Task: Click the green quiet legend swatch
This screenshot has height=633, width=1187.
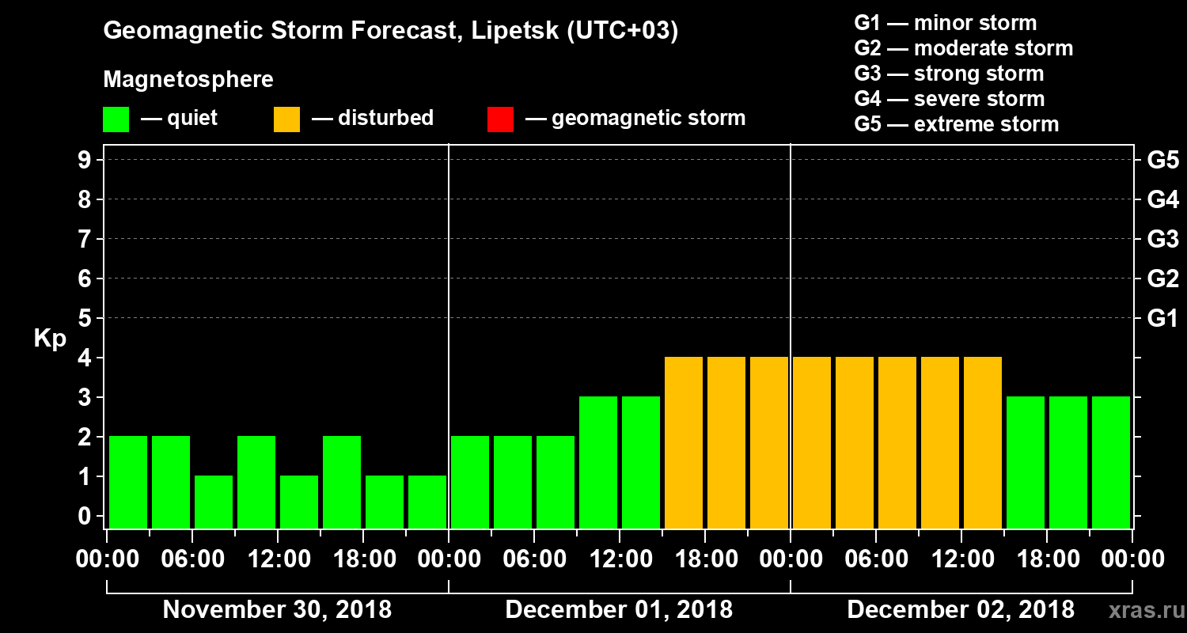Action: pos(116,119)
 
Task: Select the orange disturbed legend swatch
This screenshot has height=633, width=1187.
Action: pos(286,119)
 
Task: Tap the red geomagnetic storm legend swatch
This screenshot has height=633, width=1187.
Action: pos(500,119)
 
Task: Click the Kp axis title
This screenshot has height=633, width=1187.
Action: pos(50,339)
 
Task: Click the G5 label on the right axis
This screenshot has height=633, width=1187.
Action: pos(1162,160)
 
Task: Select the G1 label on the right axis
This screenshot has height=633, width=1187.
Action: pos(1162,318)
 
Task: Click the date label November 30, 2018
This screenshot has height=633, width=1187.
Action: pos(277,610)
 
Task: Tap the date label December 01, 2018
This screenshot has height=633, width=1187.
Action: pos(619,610)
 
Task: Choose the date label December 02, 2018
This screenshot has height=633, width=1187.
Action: pos(961,610)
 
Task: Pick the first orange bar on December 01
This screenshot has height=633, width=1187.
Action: pos(684,442)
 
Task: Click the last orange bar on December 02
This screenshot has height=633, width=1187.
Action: pos(983,442)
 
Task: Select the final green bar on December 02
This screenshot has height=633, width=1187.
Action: pos(1111,462)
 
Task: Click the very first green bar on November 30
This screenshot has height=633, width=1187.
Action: pos(128,482)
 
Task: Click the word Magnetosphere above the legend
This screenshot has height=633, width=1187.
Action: pos(188,80)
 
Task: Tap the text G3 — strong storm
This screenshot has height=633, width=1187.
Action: pos(949,74)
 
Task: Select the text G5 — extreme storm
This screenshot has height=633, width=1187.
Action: pos(956,124)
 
